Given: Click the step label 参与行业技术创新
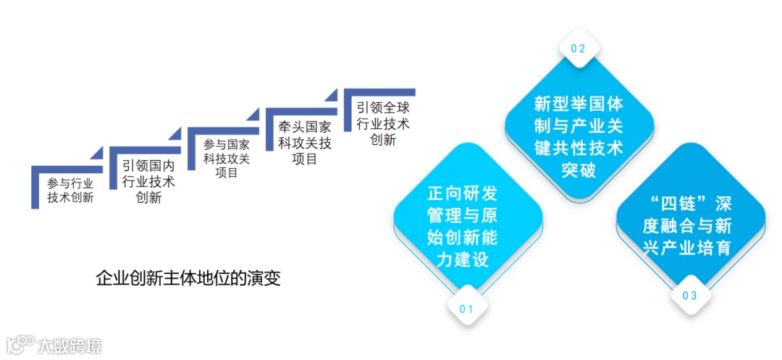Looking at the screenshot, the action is point(70,190).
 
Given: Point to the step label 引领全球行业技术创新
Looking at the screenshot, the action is point(383,123).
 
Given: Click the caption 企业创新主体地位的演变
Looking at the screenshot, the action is point(188,277).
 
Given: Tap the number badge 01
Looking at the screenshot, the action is point(466,309).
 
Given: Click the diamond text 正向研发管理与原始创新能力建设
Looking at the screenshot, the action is point(468,226).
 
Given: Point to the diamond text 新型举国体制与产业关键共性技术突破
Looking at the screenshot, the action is point(578,137).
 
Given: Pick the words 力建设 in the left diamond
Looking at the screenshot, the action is point(468,259).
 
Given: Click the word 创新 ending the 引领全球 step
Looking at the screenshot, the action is point(383,141).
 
